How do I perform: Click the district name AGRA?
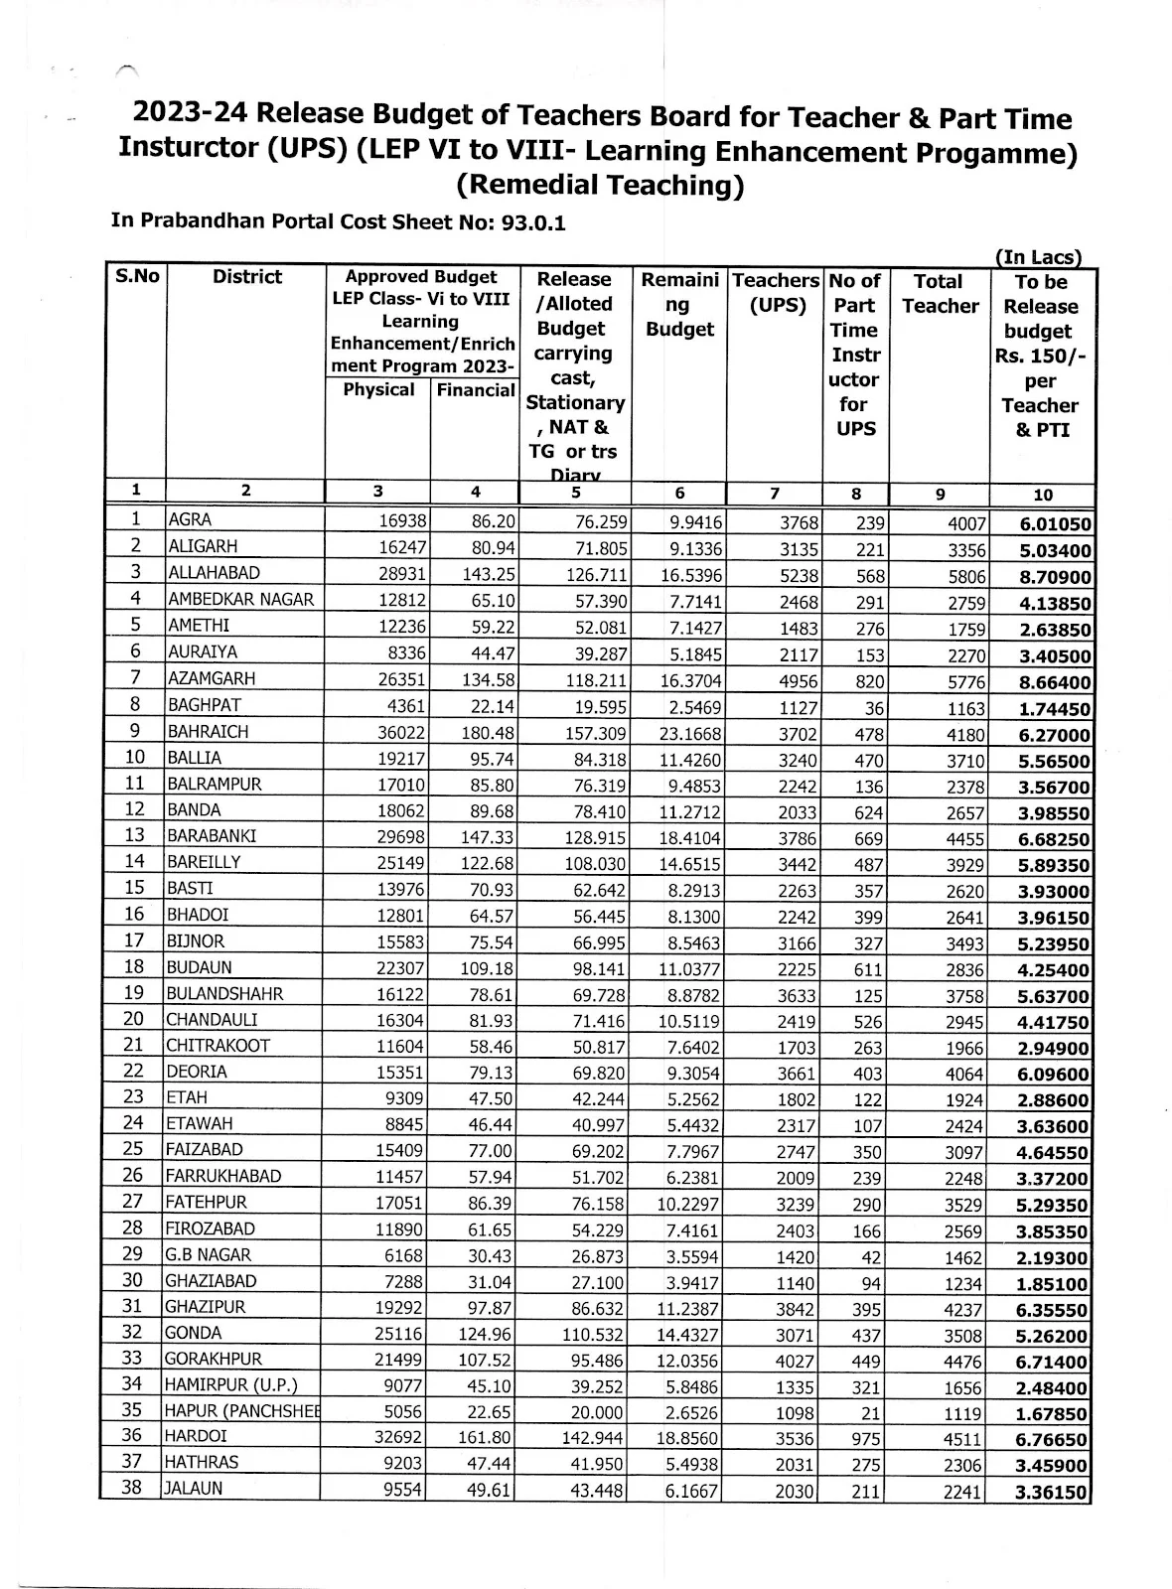point(190,519)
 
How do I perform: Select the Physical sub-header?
point(378,389)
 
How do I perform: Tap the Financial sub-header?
point(476,390)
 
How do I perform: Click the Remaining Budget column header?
point(679,304)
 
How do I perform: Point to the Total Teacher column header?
point(940,294)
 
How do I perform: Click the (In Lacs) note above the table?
point(1038,257)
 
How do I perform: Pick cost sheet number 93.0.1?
point(532,222)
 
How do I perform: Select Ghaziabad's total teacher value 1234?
point(960,1283)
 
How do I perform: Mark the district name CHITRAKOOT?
point(218,1046)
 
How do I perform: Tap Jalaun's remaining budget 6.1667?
point(691,1492)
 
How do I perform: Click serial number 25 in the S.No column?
point(134,1149)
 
